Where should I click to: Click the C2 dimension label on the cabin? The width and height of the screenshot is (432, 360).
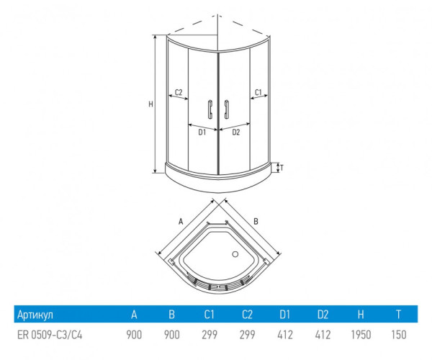[x=179, y=92]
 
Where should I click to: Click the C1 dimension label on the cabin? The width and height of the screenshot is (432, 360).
[x=258, y=92]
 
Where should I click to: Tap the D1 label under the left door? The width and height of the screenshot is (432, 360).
[x=202, y=132]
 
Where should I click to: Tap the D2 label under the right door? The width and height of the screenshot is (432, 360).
[x=236, y=132]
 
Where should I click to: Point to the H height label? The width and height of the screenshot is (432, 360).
[x=150, y=104]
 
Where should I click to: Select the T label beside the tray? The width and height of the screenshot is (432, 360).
[x=282, y=168]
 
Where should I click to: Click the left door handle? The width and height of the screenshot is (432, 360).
[x=210, y=109]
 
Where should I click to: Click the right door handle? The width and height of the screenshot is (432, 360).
[x=227, y=109]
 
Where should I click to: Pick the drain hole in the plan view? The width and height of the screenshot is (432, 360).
[x=235, y=254]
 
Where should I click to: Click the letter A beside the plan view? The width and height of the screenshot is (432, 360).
[x=181, y=221]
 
